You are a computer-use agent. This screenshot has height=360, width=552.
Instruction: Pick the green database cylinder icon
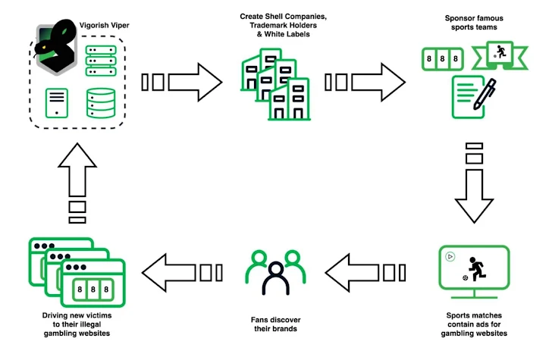point(102,103)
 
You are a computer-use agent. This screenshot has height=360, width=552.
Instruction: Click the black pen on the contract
point(486,95)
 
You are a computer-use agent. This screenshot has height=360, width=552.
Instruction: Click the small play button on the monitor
point(450,256)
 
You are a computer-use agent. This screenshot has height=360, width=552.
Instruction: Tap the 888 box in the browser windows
point(95,289)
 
